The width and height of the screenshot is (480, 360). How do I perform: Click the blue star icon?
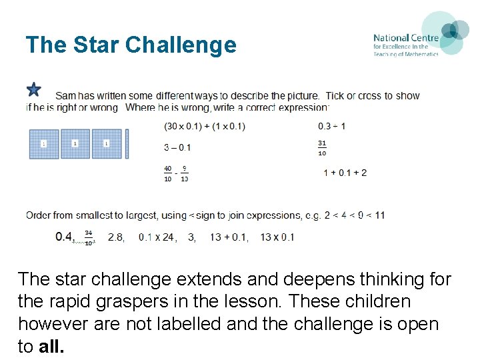click(x=34, y=89)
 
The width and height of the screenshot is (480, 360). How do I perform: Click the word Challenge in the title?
click(x=181, y=45)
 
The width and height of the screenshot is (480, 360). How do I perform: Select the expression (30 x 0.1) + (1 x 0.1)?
click(x=205, y=126)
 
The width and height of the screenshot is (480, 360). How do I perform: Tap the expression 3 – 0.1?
click(x=177, y=147)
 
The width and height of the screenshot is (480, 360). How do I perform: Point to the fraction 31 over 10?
click(x=323, y=147)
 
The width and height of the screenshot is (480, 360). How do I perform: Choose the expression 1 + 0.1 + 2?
click(x=345, y=173)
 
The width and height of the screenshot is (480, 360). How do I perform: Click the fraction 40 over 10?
click(x=168, y=173)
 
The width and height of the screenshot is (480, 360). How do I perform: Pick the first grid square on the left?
click(x=44, y=143)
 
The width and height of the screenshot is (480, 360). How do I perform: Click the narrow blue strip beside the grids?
click(x=127, y=143)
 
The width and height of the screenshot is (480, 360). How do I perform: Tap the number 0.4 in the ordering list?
click(x=65, y=236)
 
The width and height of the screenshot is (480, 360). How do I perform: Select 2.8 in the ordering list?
click(x=116, y=237)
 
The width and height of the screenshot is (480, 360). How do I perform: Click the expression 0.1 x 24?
click(x=157, y=237)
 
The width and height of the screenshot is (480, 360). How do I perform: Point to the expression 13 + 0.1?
click(x=229, y=237)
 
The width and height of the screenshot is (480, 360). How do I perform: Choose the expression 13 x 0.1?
click(x=277, y=237)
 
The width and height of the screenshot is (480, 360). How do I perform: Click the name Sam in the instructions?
click(x=65, y=96)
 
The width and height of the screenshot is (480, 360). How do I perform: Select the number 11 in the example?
click(x=379, y=215)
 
